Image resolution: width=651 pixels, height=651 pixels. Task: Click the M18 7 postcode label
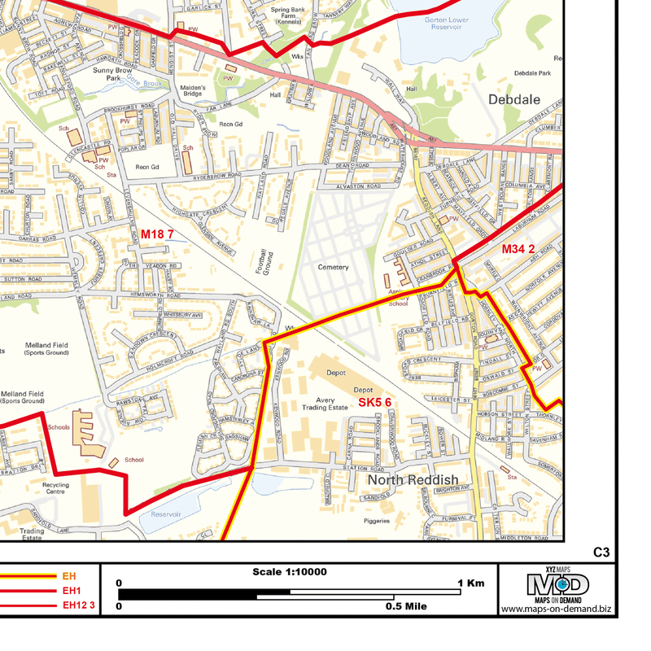(157, 234)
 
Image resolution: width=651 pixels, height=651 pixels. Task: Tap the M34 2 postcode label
(518, 248)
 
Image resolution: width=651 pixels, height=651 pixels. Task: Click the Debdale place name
(515, 99)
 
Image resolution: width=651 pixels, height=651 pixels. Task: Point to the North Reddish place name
(412, 480)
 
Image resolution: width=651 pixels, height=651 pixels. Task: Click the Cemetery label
(333, 267)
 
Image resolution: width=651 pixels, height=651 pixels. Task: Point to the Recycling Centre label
(55, 488)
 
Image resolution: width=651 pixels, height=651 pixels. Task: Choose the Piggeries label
(376, 521)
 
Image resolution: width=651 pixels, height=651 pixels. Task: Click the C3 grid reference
(601, 553)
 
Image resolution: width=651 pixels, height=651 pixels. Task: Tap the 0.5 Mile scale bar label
(407, 606)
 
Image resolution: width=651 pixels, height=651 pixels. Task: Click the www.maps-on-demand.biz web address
(556, 609)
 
